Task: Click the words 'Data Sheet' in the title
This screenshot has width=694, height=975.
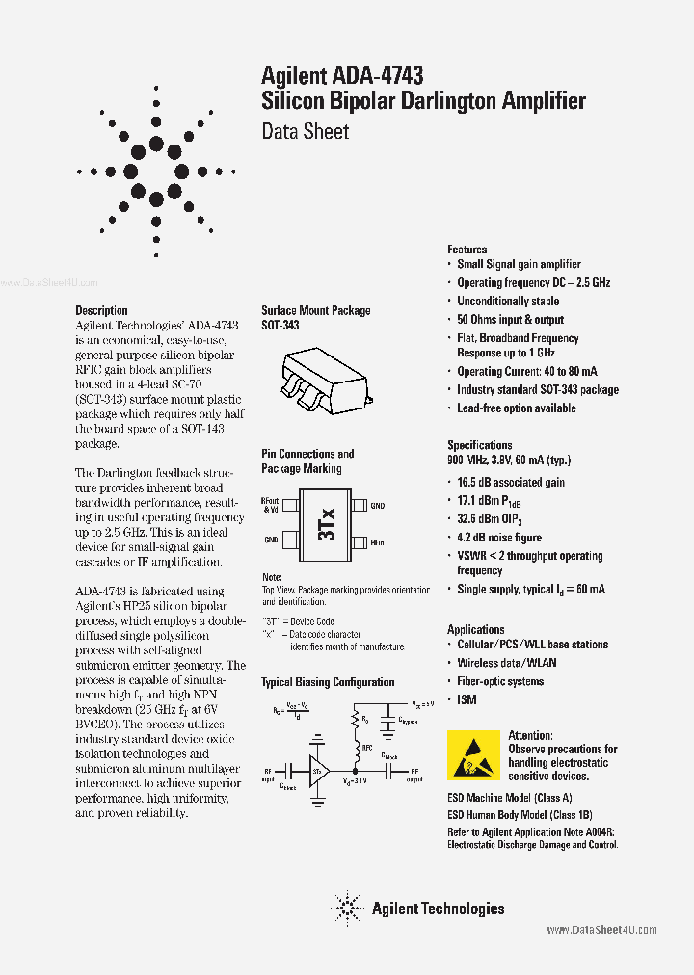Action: [305, 131]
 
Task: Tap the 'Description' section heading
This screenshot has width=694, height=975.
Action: [101, 310]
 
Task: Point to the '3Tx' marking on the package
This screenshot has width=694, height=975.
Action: [326, 522]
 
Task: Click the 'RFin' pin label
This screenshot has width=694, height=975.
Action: [379, 542]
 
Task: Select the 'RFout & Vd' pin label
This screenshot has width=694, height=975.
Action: [270, 505]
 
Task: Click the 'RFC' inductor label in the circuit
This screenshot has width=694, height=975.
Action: [367, 747]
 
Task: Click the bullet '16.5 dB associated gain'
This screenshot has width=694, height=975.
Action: [511, 482]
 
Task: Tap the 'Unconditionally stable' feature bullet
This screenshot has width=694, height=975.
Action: [508, 302]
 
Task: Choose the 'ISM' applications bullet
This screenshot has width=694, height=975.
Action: [467, 699]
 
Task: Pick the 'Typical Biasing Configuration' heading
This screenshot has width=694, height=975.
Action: [328, 682]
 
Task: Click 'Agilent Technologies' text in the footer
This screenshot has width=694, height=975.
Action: [438, 908]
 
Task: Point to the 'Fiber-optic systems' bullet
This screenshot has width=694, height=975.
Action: [499, 681]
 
